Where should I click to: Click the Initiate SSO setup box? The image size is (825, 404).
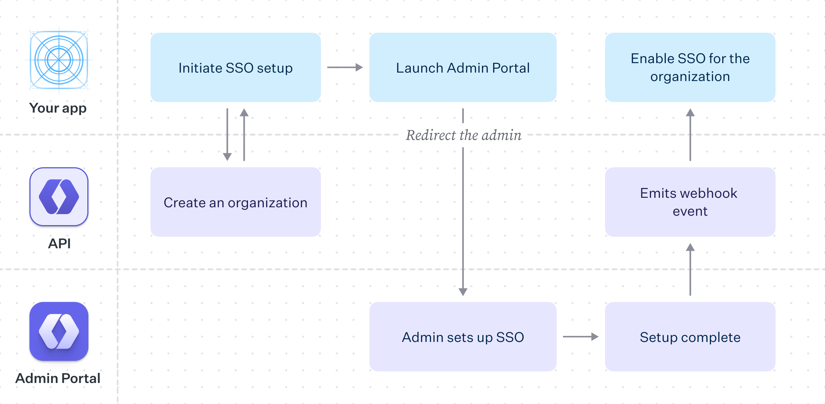tap(235, 67)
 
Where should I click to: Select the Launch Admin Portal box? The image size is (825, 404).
tap(463, 67)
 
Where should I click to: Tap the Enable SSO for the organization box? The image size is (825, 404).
tap(690, 67)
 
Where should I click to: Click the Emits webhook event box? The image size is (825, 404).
tap(690, 202)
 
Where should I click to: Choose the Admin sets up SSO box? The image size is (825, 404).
tap(463, 337)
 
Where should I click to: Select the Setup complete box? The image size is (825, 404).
tap(690, 337)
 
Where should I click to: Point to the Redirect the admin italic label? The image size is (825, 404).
tap(463, 135)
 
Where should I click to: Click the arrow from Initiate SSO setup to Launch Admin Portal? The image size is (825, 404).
tap(345, 67)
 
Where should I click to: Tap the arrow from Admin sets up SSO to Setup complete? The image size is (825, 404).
tap(581, 337)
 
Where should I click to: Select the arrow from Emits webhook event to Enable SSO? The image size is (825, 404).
tap(690, 135)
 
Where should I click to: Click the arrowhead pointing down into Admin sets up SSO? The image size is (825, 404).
tap(463, 292)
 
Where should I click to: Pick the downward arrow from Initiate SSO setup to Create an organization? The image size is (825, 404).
tap(227, 135)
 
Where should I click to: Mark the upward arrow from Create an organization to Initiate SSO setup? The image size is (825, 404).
tap(244, 135)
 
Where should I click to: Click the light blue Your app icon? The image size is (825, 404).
tap(59, 60)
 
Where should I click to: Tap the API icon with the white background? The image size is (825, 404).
tap(59, 196)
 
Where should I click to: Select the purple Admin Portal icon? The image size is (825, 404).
tap(59, 331)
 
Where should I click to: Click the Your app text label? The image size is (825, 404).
tap(58, 108)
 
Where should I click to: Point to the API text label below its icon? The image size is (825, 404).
tap(59, 243)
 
